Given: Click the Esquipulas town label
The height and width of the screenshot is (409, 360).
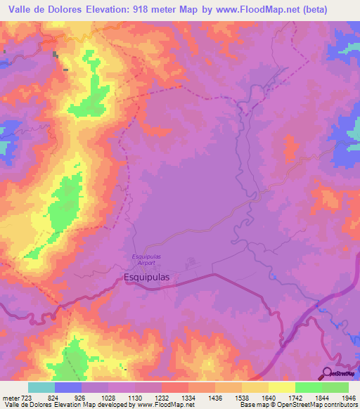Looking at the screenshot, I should click(x=147, y=277).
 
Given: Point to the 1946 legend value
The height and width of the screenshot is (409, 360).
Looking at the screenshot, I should click(x=337, y=398).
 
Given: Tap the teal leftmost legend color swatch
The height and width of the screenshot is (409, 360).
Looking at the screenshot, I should click(x=41, y=387).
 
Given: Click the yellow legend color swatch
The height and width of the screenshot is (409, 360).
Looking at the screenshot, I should click(x=281, y=387).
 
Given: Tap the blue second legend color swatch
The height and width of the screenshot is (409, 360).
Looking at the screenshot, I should click(x=68, y=387).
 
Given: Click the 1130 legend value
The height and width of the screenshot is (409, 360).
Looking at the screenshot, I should click(x=134, y=398).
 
